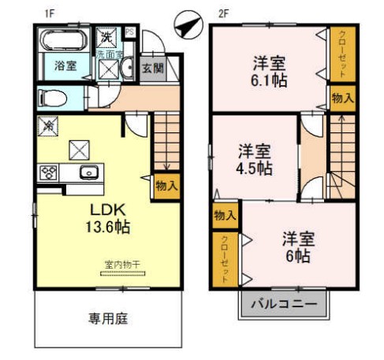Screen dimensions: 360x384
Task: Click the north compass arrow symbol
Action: (x=185, y=27)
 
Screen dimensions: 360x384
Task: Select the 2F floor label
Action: (x=223, y=13)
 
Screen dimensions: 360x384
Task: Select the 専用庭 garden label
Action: (x=107, y=319)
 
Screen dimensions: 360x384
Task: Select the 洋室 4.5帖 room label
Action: (x=255, y=158)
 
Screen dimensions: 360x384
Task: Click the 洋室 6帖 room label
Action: (x=296, y=247)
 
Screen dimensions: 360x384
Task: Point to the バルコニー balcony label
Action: (x=282, y=303)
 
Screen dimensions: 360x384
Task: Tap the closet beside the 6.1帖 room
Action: (x=341, y=54)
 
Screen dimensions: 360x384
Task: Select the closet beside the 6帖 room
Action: (x=225, y=256)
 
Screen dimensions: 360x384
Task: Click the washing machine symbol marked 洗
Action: (x=106, y=36)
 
